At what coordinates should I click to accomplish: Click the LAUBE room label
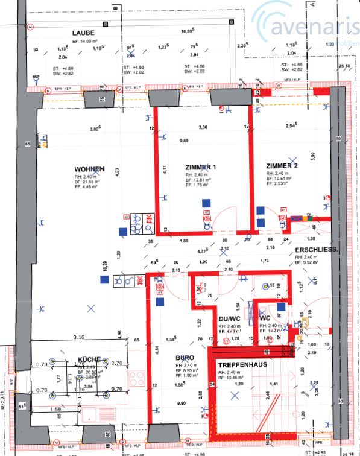[82, 33]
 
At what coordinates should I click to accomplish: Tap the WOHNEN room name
[89, 169]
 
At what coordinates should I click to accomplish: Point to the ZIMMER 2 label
[282, 165]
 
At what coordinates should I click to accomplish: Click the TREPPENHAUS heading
[242, 365]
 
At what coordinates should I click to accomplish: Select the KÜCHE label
[89, 359]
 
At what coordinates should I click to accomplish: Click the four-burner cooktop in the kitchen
[136, 379]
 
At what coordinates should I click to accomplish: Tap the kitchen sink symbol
[93, 415]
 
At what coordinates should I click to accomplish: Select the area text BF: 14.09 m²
[83, 40]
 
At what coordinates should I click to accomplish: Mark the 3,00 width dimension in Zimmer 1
[203, 127]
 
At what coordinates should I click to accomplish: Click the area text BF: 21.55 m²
[87, 181]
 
